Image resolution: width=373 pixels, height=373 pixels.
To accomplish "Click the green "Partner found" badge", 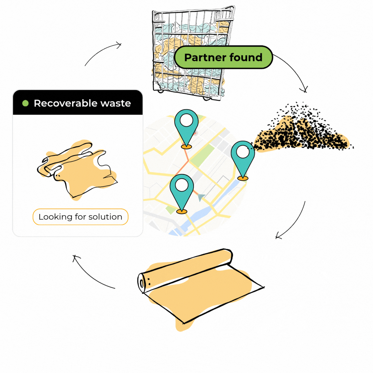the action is click(x=223, y=57).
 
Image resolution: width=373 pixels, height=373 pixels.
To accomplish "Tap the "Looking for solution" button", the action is click(x=80, y=217).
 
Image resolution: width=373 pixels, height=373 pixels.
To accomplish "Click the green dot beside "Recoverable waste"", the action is click(x=26, y=103).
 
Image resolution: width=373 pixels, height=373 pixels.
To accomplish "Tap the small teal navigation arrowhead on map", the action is click(x=201, y=197).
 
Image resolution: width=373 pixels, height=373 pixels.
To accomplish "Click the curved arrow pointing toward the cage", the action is click(x=101, y=51).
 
